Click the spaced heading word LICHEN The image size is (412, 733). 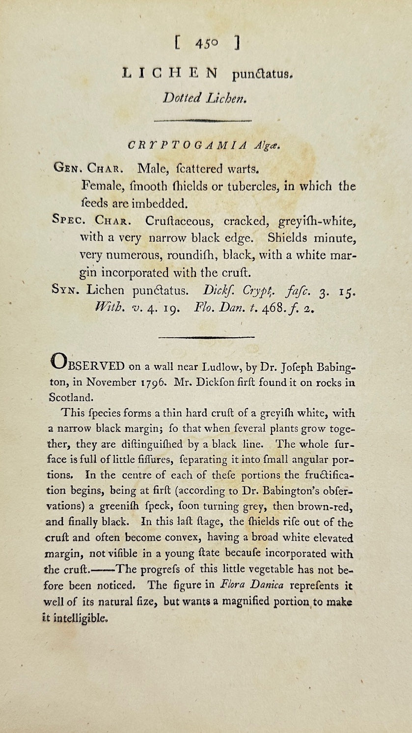point(169,74)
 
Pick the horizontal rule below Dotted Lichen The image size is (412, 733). point(203,120)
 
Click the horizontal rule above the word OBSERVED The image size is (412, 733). point(207,337)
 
